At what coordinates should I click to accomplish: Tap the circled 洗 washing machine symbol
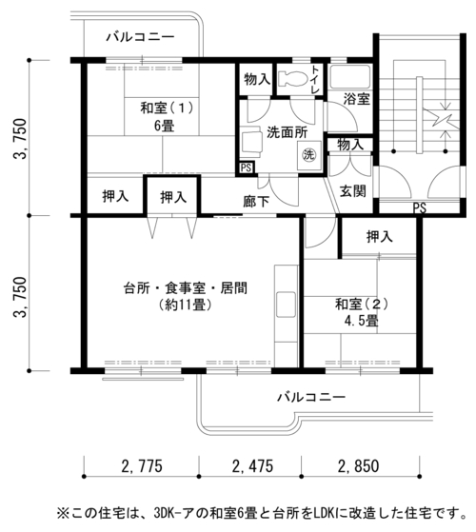point(308,155)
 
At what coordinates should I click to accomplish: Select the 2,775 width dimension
point(142,465)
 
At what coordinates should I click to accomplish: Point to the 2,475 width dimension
point(252,465)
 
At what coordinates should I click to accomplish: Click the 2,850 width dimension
point(358,465)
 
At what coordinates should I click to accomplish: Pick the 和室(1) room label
point(167,108)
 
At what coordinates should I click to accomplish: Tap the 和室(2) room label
point(362,304)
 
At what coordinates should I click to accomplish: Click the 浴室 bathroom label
point(356,99)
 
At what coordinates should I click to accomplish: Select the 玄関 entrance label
point(353,191)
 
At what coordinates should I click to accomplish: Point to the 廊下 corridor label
point(256,202)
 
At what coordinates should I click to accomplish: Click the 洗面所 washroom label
point(287,132)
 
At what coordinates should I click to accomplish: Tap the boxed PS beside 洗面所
point(246,167)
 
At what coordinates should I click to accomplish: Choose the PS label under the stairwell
point(419,207)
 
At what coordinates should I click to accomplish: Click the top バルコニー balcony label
point(140,37)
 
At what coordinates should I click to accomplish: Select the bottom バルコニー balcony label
point(311,397)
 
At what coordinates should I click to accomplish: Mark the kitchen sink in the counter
point(286,305)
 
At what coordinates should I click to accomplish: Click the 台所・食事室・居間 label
point(186,288)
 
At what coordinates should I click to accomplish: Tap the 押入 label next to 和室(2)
point(379,237)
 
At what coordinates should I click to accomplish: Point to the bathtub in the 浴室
point(350,77)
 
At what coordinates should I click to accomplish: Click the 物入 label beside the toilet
point(257,80)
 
